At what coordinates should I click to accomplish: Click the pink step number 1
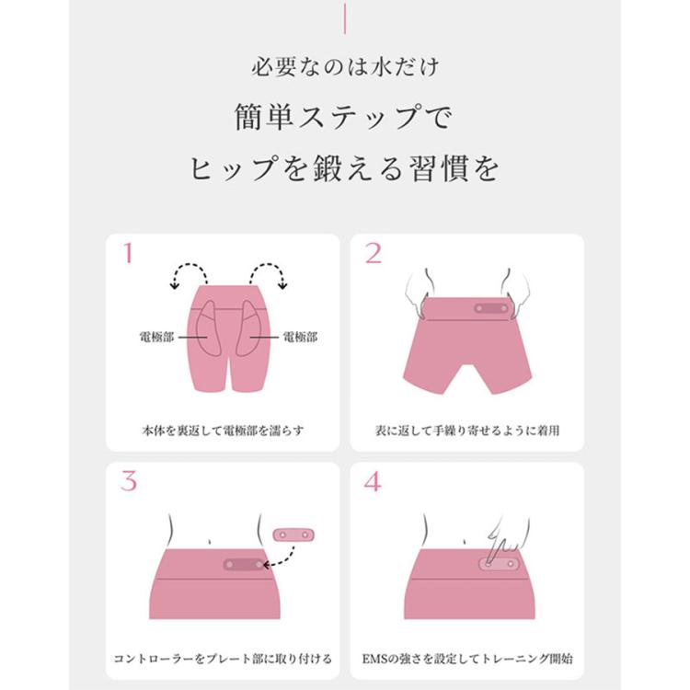(128, 254)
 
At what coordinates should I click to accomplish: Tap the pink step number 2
(374, 254)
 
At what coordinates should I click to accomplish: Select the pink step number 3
(129, 481)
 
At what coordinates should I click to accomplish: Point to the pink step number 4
(373, 481)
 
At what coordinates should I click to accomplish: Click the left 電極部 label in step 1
(156, 337)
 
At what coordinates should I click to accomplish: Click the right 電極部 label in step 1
(300, 337)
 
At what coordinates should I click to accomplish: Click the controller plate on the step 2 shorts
(491, 308)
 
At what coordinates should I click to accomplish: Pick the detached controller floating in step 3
(293, 535)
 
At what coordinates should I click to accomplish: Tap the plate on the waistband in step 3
(244, 565)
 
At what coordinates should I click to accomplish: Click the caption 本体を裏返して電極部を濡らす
(224, 431)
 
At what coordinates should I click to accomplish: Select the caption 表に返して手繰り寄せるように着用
(467, 431)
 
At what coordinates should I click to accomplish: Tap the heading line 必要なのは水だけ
(345, 67)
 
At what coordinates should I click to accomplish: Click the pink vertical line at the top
(345, 18)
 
